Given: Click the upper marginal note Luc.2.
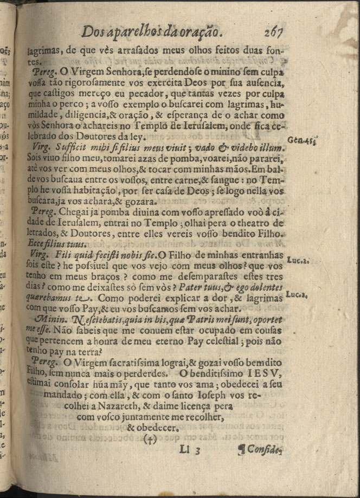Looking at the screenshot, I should click(x=298, y=260).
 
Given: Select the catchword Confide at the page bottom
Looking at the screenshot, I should click(x=265, y=449).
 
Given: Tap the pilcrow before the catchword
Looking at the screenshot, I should click(x=241, y=449).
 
